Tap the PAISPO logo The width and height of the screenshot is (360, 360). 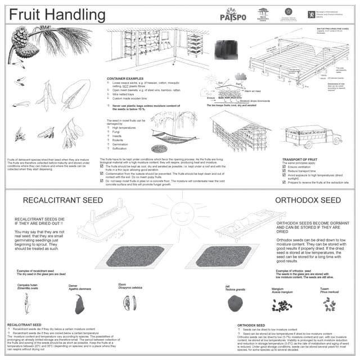pyautogui.click(x=231, y=15)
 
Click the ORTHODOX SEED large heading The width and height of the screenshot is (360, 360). pyautogui.click(x=308, y=200)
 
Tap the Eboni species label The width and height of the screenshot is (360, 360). pyautogui.click(x=122, y=285)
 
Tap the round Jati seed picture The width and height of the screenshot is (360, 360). pyautogui.click(x=235, y=304)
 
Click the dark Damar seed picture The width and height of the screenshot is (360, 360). pyautogui.click(x=79, y=304)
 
